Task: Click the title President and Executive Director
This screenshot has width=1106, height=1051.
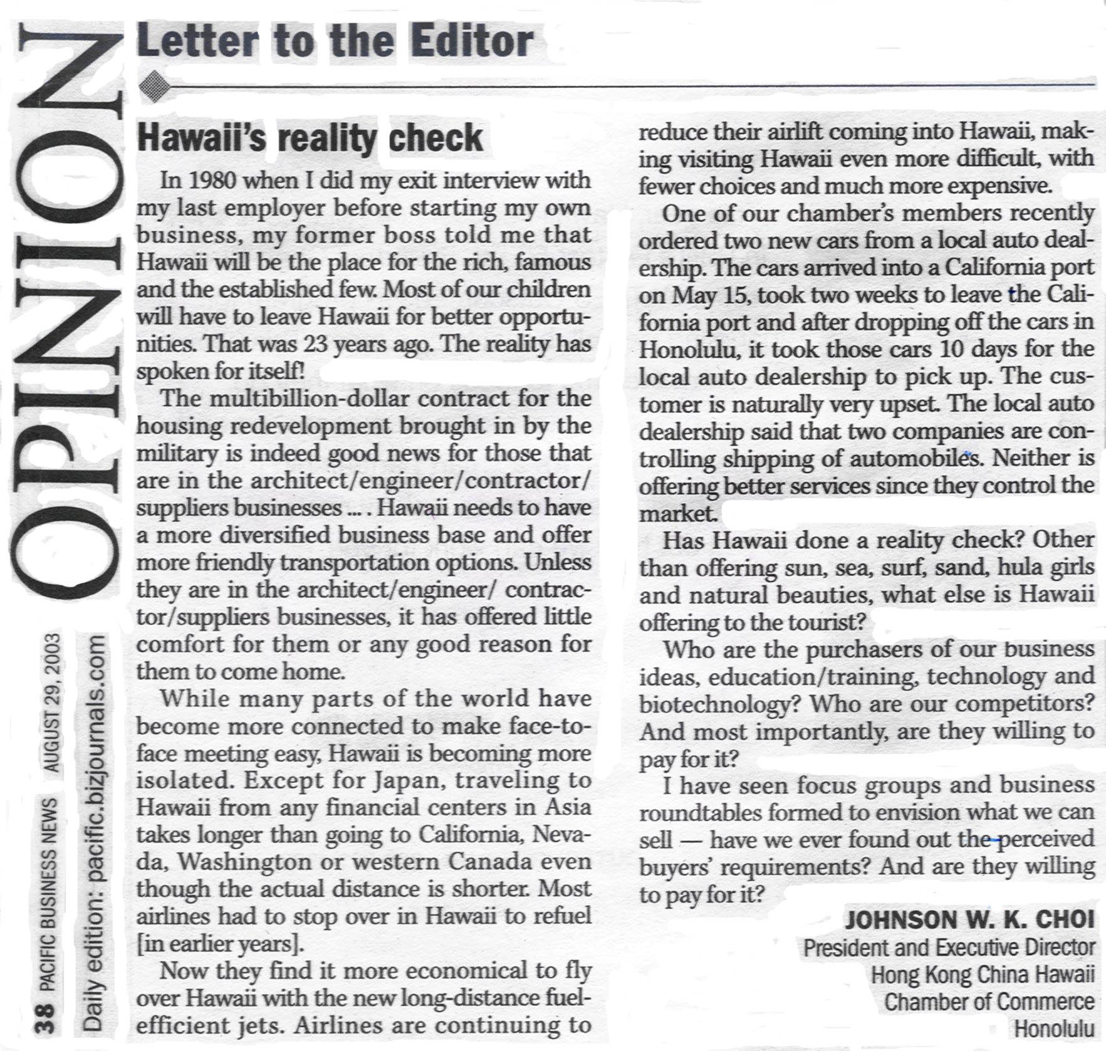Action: coord(949,947)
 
